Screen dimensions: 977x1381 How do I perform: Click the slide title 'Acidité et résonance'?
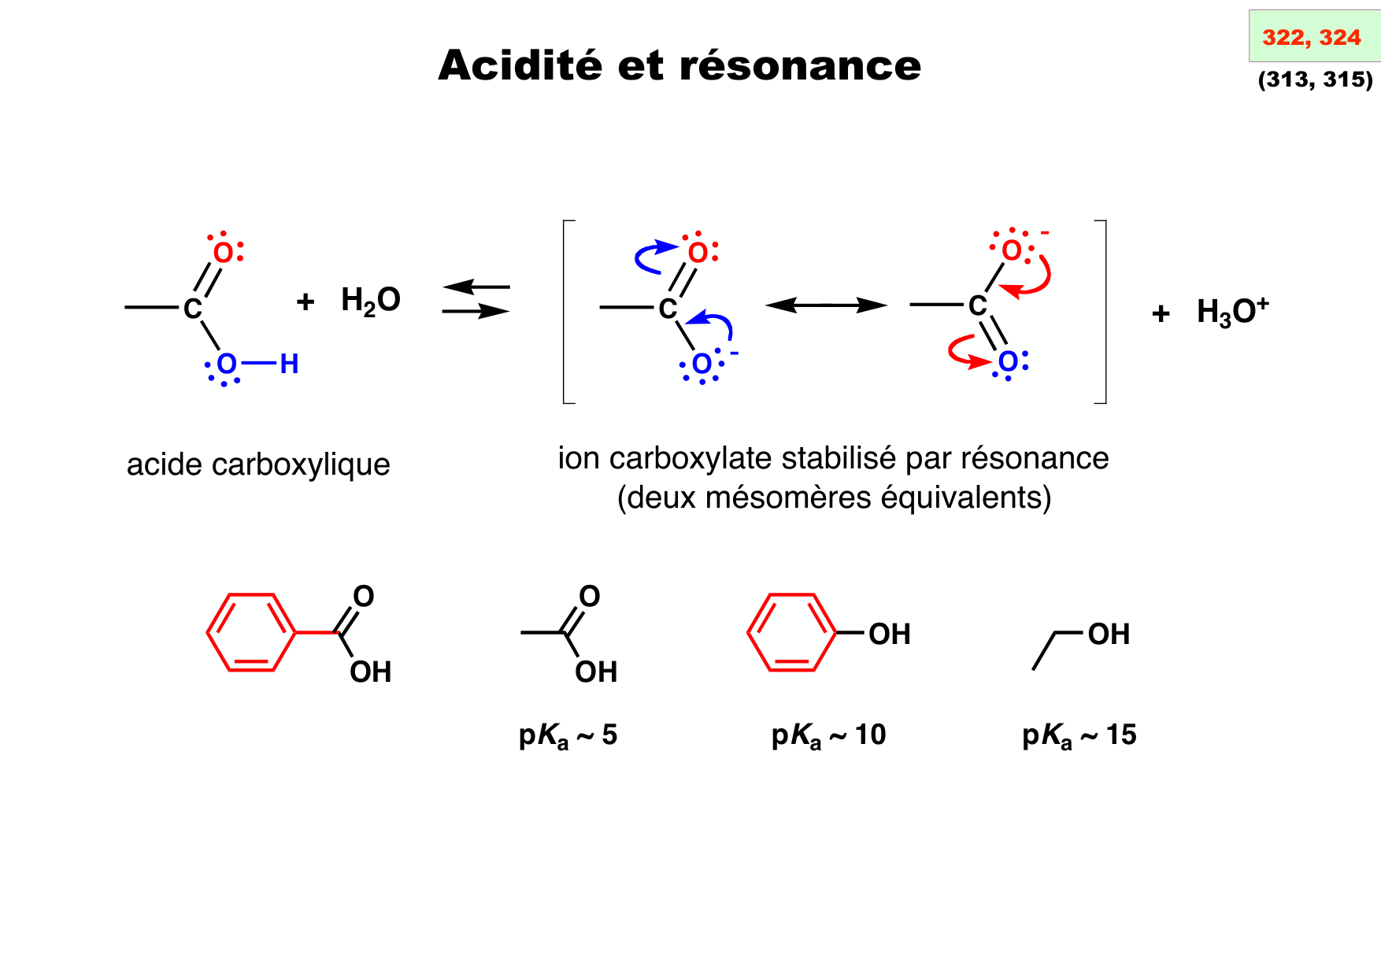coord(679,65)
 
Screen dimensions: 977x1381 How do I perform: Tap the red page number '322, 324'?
coord(1311,37)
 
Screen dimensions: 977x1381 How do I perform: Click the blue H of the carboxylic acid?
coord(289,364)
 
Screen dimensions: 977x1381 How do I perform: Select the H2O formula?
coord(371,301)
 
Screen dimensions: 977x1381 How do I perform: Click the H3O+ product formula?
coord(1232,312)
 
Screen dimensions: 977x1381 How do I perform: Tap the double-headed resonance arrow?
coord(826,305)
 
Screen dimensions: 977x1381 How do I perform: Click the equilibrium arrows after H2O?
coord(476,299)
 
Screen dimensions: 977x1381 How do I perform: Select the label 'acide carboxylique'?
coord(258,464)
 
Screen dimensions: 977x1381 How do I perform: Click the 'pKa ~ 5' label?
coord(568,735)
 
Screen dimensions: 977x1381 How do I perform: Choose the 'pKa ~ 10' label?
coord(828,735)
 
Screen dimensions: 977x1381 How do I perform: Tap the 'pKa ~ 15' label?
coord(1079,735)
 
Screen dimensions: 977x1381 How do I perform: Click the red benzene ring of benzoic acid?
coord(251,632)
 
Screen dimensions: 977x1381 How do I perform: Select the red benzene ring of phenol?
coord(791,632)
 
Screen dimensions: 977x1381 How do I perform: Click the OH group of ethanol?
coord(1109,634)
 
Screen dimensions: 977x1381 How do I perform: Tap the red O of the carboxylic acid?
coord(224,253)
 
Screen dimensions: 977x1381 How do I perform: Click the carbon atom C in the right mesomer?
coord(978,305)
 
